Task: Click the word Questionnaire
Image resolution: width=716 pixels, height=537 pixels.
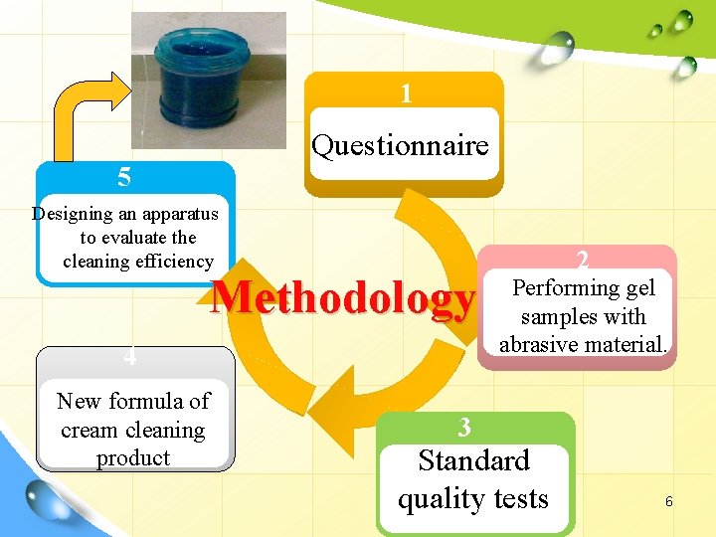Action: pyautogui.click(x=400, y=146)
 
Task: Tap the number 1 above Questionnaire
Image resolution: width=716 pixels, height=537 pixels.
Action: pyautogui.click(x=406, y=94)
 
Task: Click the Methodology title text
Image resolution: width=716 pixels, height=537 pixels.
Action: pyautogui.click(x=344, y=299)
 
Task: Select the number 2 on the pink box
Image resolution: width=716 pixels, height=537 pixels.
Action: pyautogui.click(x=583, y=261)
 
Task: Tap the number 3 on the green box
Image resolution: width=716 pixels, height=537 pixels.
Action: pyautogui.click(x=464, y=428)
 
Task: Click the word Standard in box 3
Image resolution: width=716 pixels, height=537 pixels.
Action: pyautogui.click(x=473, y=461)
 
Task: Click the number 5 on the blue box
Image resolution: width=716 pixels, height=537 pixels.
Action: pyautogui.click(x=123, y=178)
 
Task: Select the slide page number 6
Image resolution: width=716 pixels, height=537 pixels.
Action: pyautogui.click(x=668, y=502)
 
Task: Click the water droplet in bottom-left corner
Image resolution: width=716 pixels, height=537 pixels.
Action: pyautogui.click(x=50, y=498)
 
